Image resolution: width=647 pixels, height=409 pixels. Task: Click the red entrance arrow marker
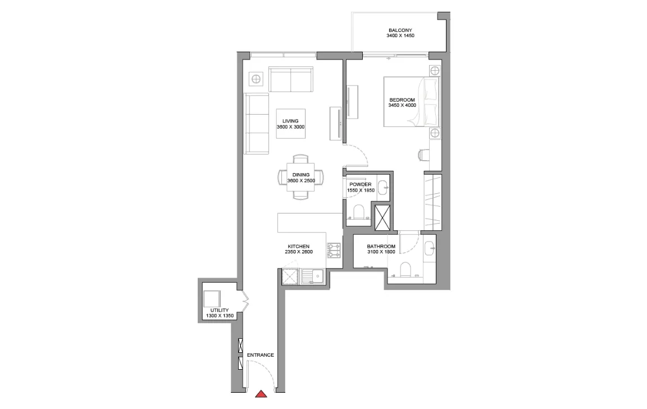coord(261,394)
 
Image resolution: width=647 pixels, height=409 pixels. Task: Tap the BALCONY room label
coord(400,30)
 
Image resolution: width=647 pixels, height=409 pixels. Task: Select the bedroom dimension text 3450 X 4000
coord(402,105)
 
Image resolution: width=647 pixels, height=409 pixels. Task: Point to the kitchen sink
coord(313,276)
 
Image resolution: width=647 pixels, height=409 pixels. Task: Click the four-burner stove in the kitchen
coord(334,251)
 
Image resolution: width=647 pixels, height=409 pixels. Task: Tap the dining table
coord(301,177)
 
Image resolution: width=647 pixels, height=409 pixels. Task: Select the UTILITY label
coord(220,310)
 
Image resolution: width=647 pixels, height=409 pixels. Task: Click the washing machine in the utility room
coord(212,299)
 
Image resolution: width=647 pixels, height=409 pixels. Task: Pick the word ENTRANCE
coord(261,355)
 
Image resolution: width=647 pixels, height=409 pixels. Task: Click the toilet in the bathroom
coord(405,269)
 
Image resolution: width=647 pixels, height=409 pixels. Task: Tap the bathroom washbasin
coord(430,248)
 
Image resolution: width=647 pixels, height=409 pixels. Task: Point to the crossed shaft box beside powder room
coord(382,217)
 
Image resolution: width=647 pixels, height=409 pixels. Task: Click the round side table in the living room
coord(256,79)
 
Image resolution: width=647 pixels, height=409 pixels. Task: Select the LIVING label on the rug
coord(290,121)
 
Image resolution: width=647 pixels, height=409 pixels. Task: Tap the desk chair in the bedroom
coord(423,154)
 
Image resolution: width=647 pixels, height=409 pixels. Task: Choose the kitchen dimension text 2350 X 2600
coord(299,252)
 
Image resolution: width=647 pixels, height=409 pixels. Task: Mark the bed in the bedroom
coord(412,102)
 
